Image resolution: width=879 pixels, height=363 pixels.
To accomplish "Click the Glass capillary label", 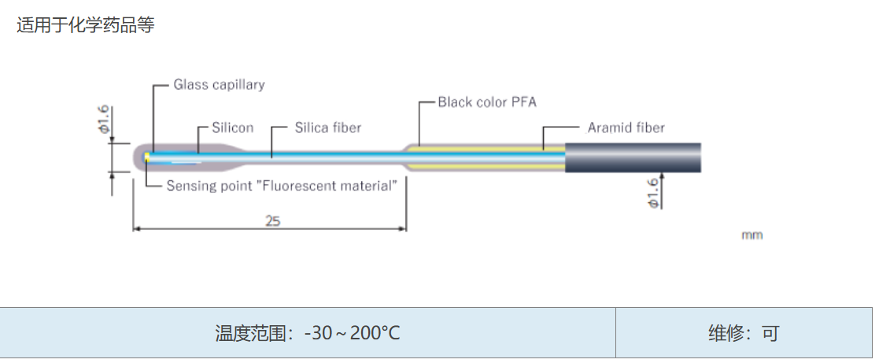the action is click(x=219, y=85).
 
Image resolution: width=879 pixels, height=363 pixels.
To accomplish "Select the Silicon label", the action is click(x=233, y=128).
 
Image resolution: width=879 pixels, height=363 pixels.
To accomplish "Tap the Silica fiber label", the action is click(x=328, y=128).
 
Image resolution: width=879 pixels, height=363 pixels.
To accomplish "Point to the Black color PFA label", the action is click(x=487, y=102).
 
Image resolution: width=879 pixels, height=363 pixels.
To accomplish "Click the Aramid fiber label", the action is click(x=626, y=128).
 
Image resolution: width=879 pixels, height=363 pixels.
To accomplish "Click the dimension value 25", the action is click(x=272, y=220).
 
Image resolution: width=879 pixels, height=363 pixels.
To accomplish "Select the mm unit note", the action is click(x=752, y=235).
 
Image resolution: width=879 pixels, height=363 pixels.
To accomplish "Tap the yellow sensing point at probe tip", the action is click(x=147, y=157).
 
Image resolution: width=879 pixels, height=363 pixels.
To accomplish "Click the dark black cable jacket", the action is click(x=633, y=157).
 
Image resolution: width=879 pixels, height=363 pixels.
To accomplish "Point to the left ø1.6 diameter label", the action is click(x=105, y=120).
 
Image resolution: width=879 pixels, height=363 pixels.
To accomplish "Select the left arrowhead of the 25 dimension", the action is click(x=136, y=229).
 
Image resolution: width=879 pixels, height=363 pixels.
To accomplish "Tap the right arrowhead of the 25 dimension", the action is click(x=402, y=229).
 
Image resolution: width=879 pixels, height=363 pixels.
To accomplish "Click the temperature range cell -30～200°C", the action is click(x=308, y=333).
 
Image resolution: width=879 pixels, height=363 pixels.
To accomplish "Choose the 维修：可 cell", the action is click(x=744, y=333).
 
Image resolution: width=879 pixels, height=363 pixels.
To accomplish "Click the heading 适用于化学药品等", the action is click(x=85, y=24).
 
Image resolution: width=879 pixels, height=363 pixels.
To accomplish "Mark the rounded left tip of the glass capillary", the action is click(x=135, y=157).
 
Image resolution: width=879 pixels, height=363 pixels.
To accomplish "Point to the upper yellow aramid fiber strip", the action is click(x=487, y=149).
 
